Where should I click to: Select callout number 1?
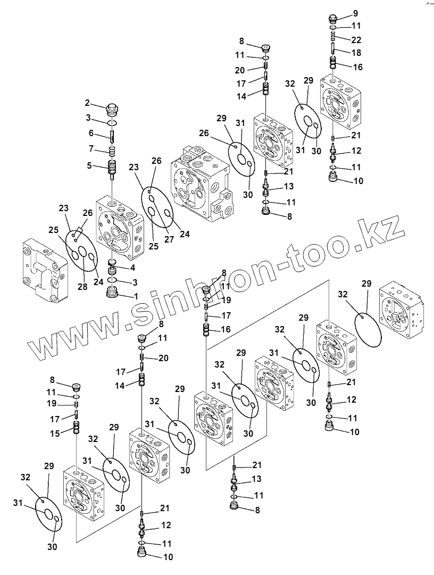[136, 295]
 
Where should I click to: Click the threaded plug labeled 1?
[113, 293]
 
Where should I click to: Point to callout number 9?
[355, 13]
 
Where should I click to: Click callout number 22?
[356, 39]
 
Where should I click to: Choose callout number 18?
[356, 53]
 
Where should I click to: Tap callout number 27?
[169, 239]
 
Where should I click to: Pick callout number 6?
[91, 134]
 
